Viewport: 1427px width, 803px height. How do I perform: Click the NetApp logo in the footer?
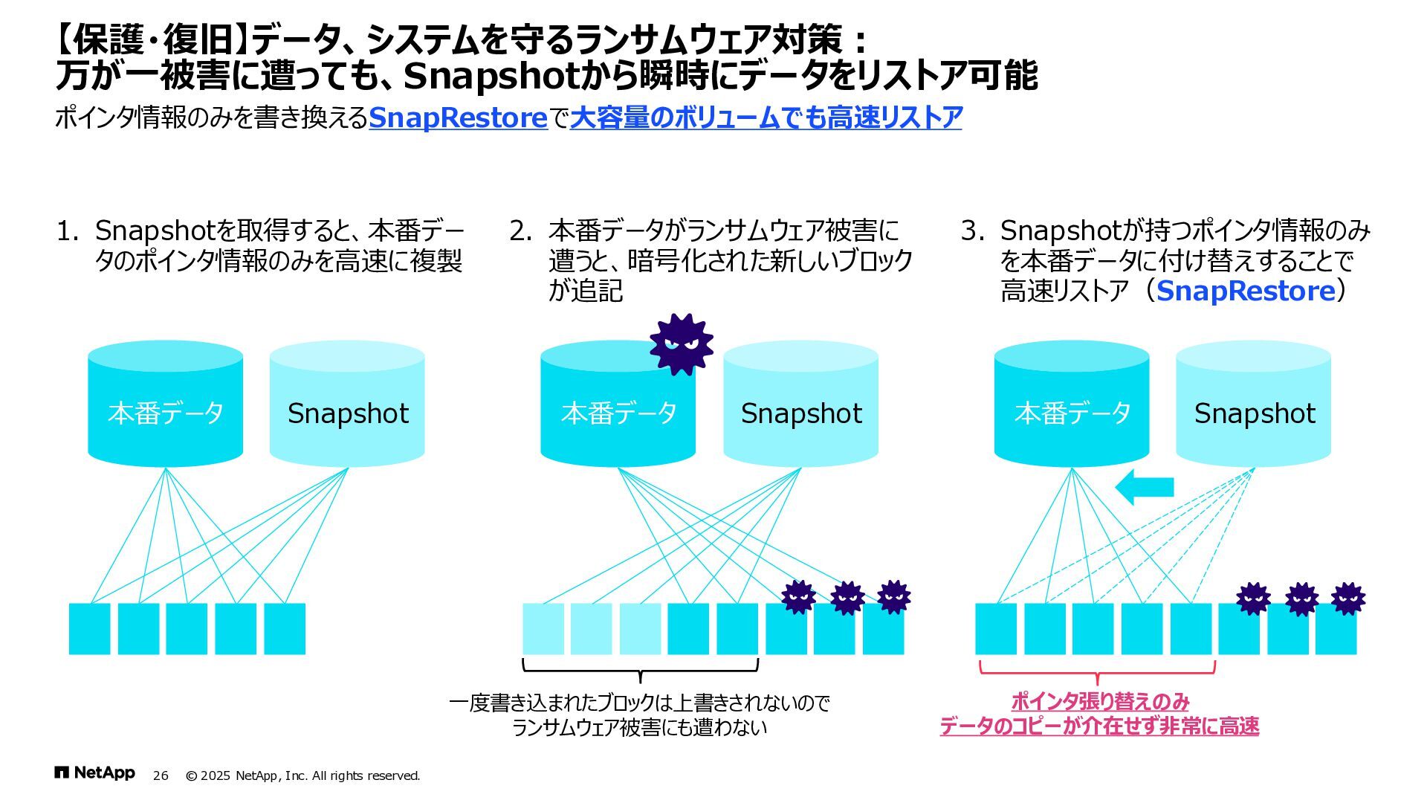(94, 773)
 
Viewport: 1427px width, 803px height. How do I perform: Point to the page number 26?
(161, 775)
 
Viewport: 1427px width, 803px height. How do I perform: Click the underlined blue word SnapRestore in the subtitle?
(458, 117)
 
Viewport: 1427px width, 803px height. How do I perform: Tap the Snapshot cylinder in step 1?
(347, 405)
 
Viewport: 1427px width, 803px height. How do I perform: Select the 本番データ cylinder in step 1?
(165, 405)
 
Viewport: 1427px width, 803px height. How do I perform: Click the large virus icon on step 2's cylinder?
(681, 344)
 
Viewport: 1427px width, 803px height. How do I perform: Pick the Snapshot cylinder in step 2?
(800, 405)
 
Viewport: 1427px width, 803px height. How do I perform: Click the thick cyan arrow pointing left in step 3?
(1144, 487)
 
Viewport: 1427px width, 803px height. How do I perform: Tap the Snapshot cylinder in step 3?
(1253, 405)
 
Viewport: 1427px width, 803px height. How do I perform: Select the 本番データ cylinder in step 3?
(1071, 405)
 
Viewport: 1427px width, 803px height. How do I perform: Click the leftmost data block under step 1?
(89, 629)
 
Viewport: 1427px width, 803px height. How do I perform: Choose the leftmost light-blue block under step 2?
(543, 629)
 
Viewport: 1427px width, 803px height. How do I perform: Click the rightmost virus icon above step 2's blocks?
(893, 597)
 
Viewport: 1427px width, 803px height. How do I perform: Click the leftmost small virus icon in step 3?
(1253, 599)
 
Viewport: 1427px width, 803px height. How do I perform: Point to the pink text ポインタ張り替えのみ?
(1100, 701)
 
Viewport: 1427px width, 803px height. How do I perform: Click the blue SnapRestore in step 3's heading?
(1246, 291)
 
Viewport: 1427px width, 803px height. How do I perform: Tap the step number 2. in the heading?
(520, 230)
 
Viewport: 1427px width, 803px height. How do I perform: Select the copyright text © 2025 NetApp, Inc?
(302, 775)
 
